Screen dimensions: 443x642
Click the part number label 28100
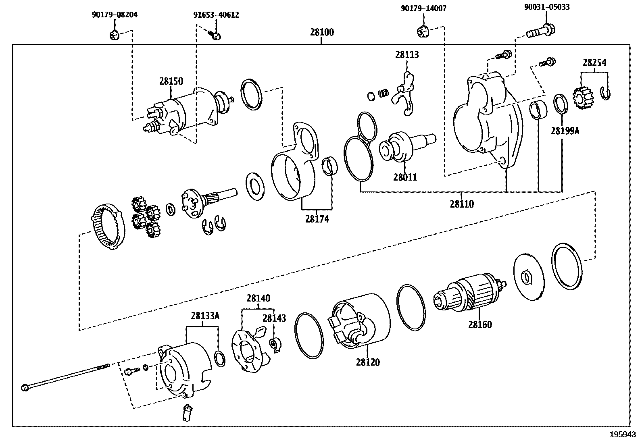point(322,32)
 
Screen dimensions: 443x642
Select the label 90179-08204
point(115,15)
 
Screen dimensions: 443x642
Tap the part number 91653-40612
point(216,15)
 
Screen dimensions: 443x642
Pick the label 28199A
point(565,131)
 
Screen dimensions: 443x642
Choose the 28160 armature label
point(480,324)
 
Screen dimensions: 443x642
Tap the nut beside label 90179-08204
point(114,35)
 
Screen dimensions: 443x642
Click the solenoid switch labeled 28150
point(181,111)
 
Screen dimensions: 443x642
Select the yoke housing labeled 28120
point(361,320)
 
